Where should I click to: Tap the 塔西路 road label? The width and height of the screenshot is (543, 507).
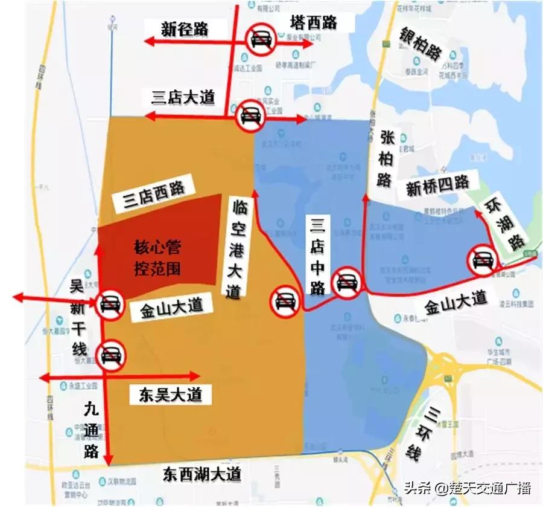point(313,23)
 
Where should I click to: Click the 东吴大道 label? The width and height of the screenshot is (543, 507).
point(170,395)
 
